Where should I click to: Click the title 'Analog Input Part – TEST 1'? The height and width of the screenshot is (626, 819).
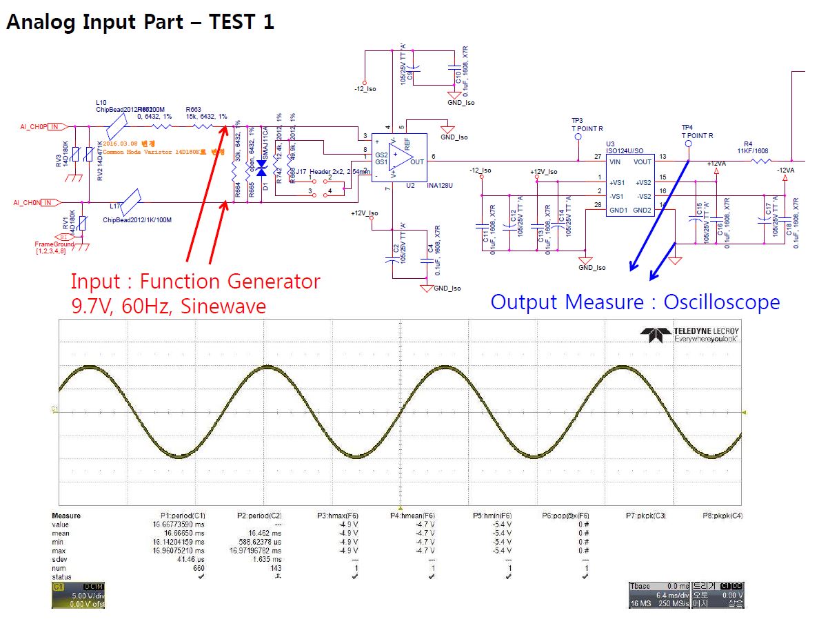(x=140, y=22)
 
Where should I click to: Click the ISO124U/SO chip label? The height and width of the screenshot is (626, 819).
(x=625, y=150)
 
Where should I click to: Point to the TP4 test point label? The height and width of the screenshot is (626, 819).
(x=687, y=128)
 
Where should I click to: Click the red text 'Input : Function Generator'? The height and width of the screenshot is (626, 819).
(x=195, y=282)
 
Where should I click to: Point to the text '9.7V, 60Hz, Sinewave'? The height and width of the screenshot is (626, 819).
(x=168, y=305)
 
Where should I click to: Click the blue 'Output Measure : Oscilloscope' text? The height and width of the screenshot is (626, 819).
(x=635, y=302)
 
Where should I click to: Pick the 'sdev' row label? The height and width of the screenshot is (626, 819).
(x=61, y=560)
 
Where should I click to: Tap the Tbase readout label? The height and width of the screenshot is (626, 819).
(x=642, y=586)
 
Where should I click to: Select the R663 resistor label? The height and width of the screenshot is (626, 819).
(x=194, y=109)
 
